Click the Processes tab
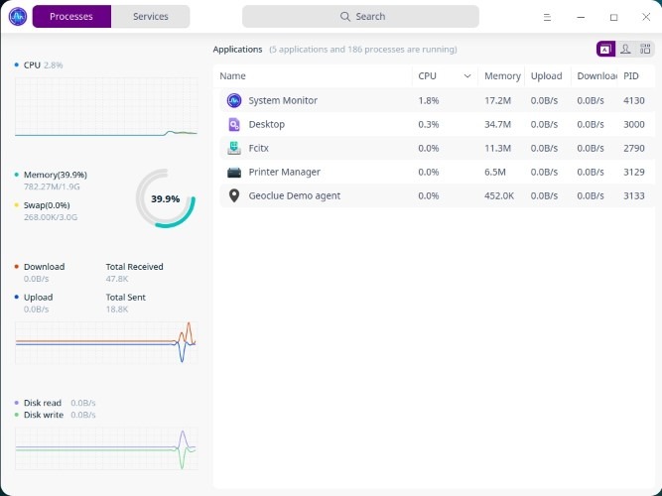(x=71, y=17)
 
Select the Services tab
(x=151, y=17)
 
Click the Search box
(x=360, y=17)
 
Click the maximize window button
(x=613, y=17)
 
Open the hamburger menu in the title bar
(x=548, y=17)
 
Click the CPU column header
(x=428, y=76)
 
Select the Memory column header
(x=502, y=76)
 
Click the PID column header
(x=631, y=76)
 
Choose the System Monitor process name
(x=282, y=100)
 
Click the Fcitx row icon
(x=234, y=148)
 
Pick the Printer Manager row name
(x=284, y=172)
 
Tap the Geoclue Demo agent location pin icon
(x=234, y=195)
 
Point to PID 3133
(x=634, y=195)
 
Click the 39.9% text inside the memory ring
(x=165, y=198)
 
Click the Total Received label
(x=134, y=267)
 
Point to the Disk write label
(x=44, y=415)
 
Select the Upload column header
(x=547, y=76)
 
